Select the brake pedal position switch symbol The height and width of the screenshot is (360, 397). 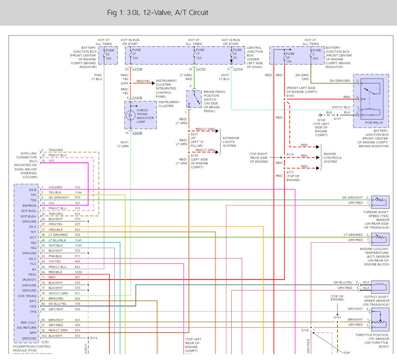(x=195, y=99)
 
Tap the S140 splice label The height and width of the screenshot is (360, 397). (x=290, y=96)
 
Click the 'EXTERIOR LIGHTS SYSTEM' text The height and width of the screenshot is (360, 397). (x=231, y=142)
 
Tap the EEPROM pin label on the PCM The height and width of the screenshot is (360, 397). (x=30, y=205)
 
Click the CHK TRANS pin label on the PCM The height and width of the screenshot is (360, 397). (x=27, y=296)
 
